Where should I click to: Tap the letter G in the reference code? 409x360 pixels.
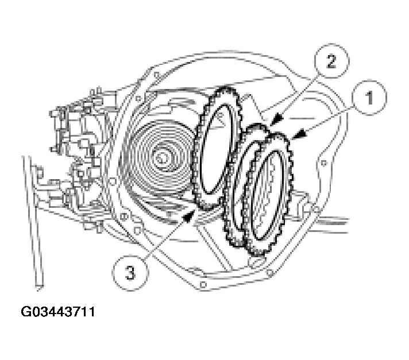point(26,313)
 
